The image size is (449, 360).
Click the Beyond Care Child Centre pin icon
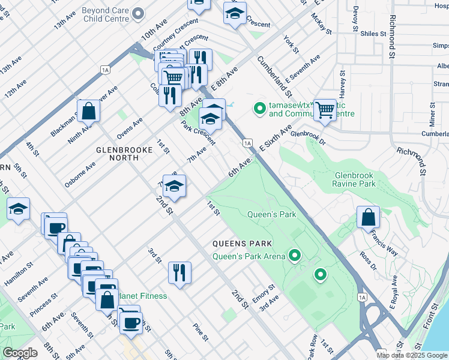tap(139, 13)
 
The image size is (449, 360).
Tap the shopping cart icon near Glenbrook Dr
tap(325, 110)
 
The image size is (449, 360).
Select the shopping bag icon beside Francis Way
tap(368, 217)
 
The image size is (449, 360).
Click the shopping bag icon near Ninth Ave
tap(88, 111)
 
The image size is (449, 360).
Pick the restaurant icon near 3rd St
tap(179, 272)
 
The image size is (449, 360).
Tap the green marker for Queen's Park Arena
tap(294, 256)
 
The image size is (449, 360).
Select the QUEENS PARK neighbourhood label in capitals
tap(241, 243)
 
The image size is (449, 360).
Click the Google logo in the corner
tap(20, 353)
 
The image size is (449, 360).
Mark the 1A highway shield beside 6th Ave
tap(247, 142)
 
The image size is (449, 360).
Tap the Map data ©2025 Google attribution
tap(412, 355)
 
